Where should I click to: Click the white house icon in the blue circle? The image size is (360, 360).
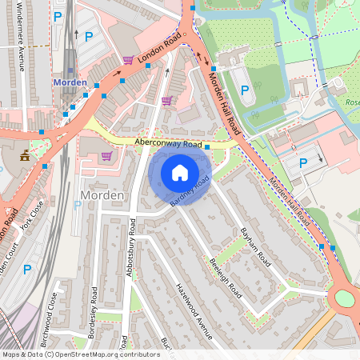pyautogui.click(x=180, y=172)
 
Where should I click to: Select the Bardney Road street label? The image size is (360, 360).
pyautogui.click(x=190, y=192)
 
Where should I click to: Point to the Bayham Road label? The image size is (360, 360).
pyautogui.click(x=255, y=246)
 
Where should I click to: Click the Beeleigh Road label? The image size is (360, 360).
pyautogui.click(x=225, y=278)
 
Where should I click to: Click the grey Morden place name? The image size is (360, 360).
pyautogui.click(x=102, y=196)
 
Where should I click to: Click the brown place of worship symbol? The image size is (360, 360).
pyautogui.click(x=25, y=154)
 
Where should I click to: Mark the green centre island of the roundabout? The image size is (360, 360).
pyautogui.click(x=344, y=298)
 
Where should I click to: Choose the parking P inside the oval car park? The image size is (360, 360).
pyautogui.click(x=245, y=90)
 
